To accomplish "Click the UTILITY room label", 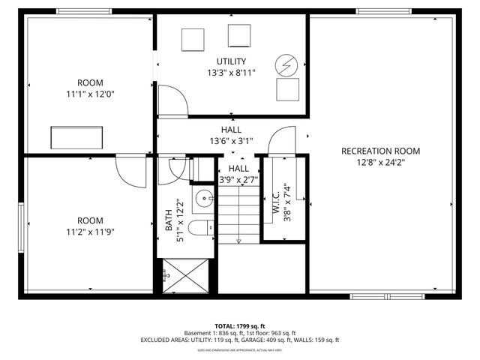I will (x=231, y=61).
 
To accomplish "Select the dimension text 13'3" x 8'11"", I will (x=231, y=73).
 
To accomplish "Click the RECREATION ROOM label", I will (x=380, y=151).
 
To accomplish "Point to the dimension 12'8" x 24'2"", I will (x=380, y=162).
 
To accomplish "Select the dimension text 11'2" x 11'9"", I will (x=90, y=232).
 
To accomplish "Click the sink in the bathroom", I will (x=203, y=199).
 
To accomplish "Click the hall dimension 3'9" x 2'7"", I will (x=238, y=180).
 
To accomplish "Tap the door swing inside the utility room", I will (x=171, y=102).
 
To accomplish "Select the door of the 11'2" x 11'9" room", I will (x=130, y=171).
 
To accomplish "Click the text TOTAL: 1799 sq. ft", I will (x=239, y=325).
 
